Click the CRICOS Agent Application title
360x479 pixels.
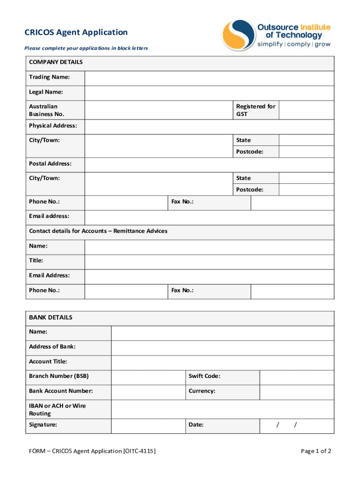76,32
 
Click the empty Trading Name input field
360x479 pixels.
209,78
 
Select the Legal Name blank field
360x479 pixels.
209,93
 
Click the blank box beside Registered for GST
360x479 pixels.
306,110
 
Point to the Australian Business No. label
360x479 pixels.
47,110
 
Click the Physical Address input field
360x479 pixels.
209,127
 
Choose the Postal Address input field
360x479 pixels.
209,165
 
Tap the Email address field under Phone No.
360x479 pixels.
209,217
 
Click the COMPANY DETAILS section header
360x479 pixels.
56,62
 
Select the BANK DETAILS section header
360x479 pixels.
51,318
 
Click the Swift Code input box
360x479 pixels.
296,377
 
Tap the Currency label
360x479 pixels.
202,391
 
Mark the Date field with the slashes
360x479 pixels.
296,426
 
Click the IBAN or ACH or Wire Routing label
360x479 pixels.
58,410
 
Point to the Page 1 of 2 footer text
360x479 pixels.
316,451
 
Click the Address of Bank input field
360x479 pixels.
223,348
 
